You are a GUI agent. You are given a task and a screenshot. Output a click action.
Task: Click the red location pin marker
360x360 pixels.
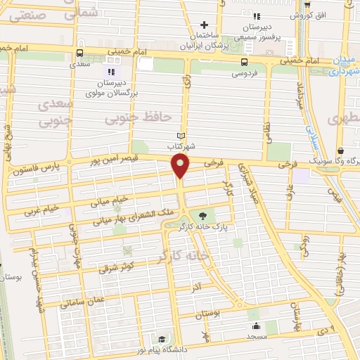pyautogui.click(x=181, y=167)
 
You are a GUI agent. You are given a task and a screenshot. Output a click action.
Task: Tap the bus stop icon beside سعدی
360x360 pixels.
pyautogui.click(x=79, y=52)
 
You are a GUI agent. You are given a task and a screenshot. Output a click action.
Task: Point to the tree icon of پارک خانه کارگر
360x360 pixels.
pyautogui.click(x=204, y=216)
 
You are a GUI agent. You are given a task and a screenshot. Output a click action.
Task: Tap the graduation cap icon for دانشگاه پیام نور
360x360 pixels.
pyautogui.click(x=162, y=340)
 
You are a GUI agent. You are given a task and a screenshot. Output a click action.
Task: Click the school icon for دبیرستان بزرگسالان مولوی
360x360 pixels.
pyautogui.click(x=110, y=71)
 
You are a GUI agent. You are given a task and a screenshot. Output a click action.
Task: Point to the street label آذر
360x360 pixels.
pyautogui.click(x=195, y=288)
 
